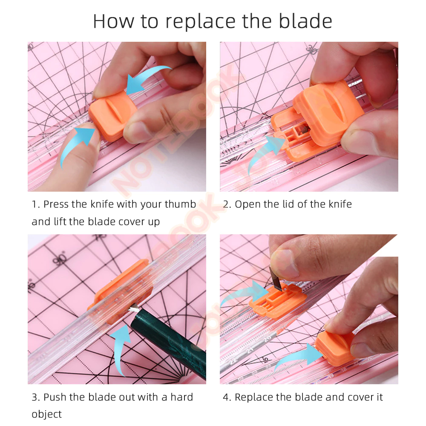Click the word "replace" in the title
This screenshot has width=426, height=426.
pyautogui.click(x=201, y=22)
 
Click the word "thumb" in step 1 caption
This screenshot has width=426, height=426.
pyautogui.click(x=180, y=204)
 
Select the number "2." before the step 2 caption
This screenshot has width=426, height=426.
pyautogui.click(x=227, y=204)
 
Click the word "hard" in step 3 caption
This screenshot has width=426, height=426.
pyautogui.click(x=181, y=397)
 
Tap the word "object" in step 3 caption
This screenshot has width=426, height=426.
pyautogui.click(x=46, y=414)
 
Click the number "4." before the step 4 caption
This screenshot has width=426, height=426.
pyautogui.click(x=227, y=397)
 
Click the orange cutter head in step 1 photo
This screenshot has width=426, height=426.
pyautogui.click(x=112, y=116)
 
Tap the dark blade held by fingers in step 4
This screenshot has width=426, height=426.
pyautogui.click(x=275, y=277)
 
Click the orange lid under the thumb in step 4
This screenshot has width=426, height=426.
pyautogui.click(x=335, y=347)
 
